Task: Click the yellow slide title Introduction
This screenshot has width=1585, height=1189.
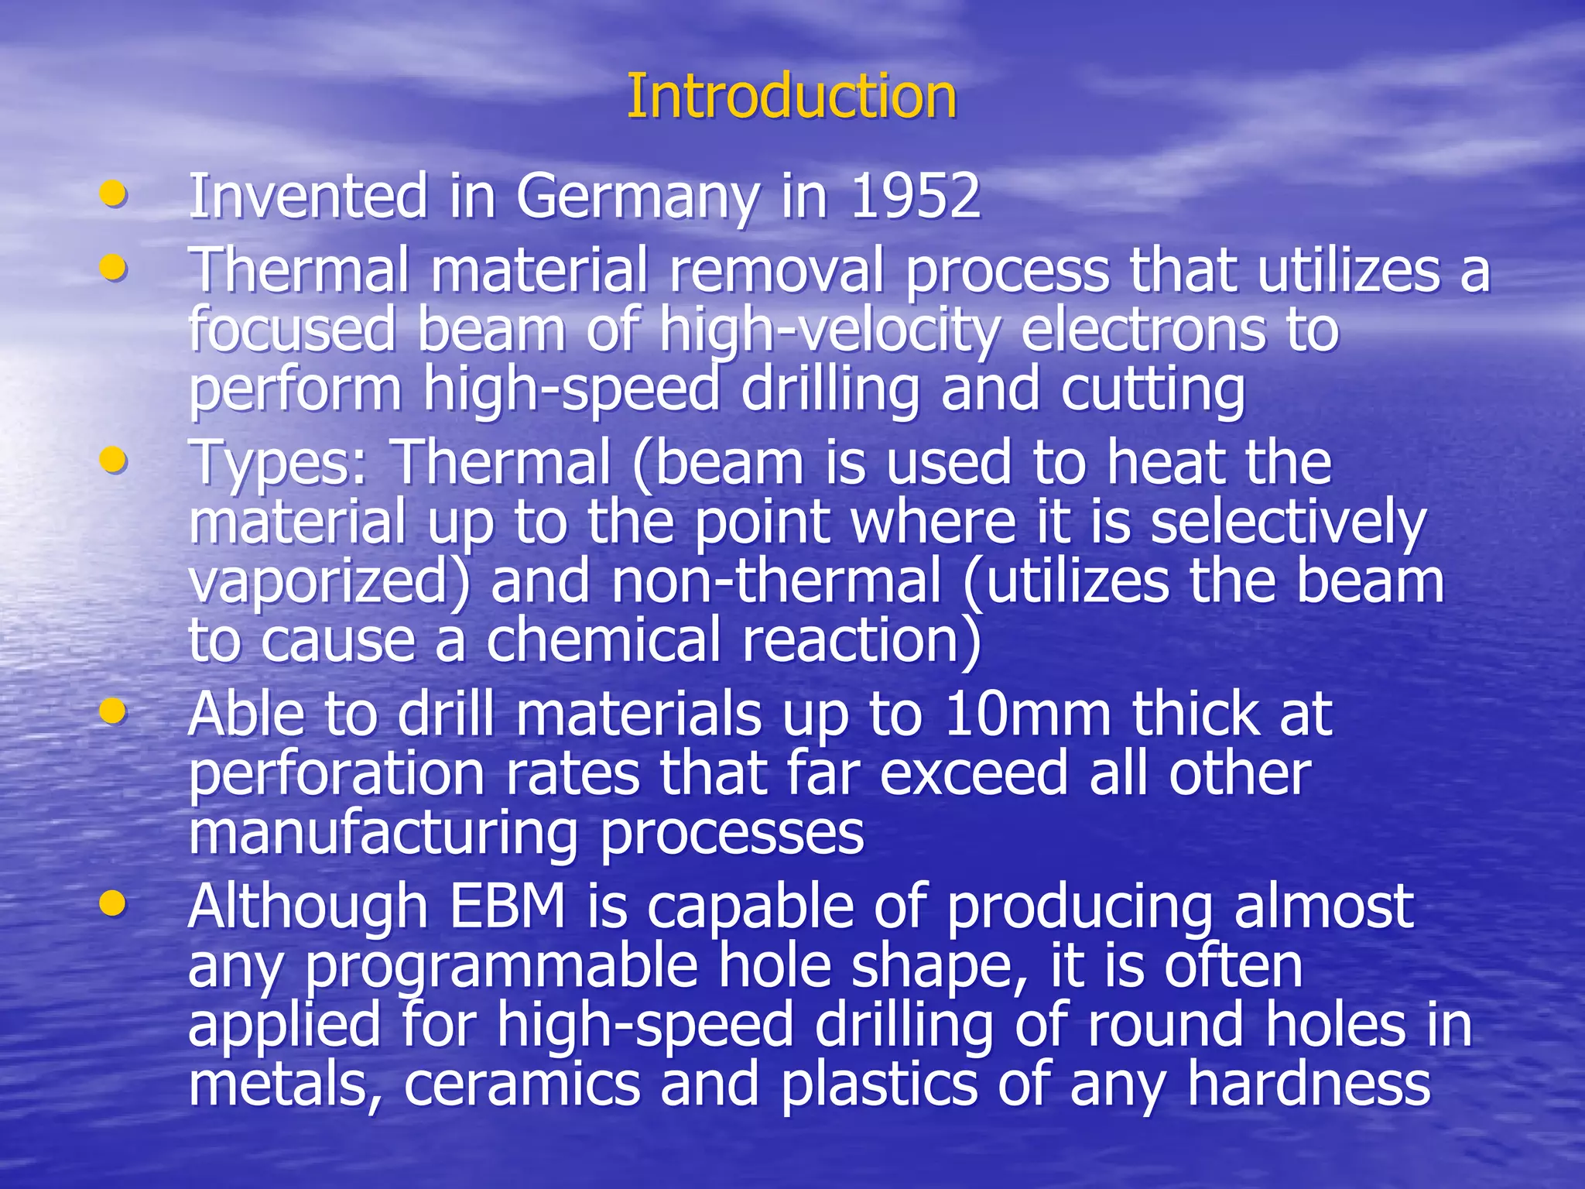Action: coord(791,97)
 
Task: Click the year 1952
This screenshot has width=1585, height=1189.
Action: coord(916,197)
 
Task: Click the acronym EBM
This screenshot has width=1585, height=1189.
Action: coord(508,906)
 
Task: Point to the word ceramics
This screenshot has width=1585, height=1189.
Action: coord(522,1084)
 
